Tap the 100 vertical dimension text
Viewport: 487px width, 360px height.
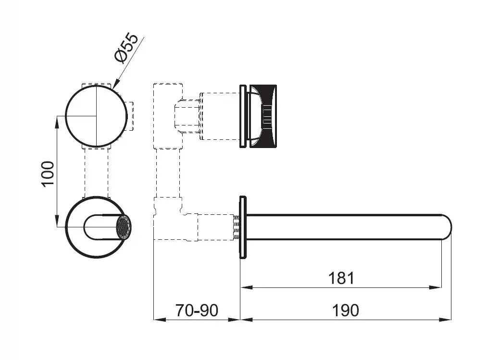point(48,174)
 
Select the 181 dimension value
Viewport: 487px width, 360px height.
point(341,278)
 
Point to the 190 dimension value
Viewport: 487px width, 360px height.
point(345,310)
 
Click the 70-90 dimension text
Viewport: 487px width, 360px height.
point(197,310)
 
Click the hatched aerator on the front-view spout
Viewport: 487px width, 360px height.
point(124,227)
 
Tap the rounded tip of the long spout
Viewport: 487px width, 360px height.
point(447,227)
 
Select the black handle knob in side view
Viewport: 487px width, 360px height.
point(263,116)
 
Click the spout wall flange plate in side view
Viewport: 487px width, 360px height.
point(243,227)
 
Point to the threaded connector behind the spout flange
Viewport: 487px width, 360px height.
point(237,227)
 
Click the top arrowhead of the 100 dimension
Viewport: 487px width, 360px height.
point(57,122)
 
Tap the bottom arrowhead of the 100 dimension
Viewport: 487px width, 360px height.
point(57,221)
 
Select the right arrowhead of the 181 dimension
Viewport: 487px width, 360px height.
point(436,287)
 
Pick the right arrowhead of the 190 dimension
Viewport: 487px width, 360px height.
point(445,319)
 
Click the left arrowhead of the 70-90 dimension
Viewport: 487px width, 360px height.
point(160,319)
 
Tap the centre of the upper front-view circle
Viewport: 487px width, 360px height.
point(97,116)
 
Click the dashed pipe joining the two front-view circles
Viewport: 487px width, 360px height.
point(97,173)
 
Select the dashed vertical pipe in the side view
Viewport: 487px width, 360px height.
point(168,173)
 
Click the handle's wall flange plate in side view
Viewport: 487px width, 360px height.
point(243,116)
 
